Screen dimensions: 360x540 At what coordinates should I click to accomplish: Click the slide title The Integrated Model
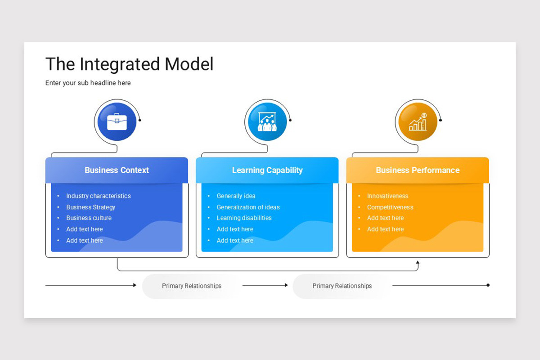(x=129, y=64)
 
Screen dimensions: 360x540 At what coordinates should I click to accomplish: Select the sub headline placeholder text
(x=88, y=83)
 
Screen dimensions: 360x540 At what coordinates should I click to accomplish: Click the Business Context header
(x=117, y=170)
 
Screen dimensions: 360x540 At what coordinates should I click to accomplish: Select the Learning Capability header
(x=267, y=170)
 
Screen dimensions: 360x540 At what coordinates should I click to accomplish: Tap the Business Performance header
(x=418, y=170)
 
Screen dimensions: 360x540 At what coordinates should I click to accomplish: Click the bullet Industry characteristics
(x=98, y=196)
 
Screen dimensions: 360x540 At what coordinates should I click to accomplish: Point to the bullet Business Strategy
(x=90, y=207)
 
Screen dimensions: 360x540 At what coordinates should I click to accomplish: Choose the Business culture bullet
(x=89, y=218)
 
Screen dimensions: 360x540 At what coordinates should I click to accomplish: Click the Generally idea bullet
(x=236, y=196)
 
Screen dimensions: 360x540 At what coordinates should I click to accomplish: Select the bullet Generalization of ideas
(x=248, y=207)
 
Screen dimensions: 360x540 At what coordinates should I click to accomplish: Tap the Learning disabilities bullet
(x=244, y=218)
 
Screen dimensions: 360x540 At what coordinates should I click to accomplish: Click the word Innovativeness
(x=387, y=196)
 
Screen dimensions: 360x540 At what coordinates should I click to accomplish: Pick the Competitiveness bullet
(x=390, y=207)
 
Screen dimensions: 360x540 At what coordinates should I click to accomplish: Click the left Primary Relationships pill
(x=192, y=286)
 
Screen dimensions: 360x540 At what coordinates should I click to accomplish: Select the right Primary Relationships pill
(x=342, y=286)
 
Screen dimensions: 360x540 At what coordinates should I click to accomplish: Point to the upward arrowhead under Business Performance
(x=418, y=262)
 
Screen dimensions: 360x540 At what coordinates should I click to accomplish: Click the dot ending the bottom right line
(x=488, y=285)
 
